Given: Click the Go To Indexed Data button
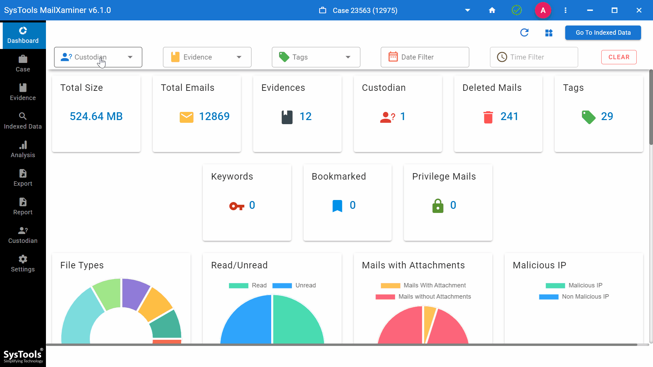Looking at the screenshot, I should coord(603,33).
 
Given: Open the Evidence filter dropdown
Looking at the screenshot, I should coord(207,57).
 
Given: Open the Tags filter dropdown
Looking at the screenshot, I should coord(316,57).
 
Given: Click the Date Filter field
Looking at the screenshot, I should coord(425,57).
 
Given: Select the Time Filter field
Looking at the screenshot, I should coord(534,57).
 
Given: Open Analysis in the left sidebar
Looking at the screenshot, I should coord(23,149).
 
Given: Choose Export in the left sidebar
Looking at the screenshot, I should coord(23,178).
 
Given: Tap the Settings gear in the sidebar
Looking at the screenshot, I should coord(23,263).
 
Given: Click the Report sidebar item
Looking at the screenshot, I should coord(23,206).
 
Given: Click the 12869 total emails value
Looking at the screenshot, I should coord(214,116).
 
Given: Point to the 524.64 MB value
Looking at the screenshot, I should coord(96,116).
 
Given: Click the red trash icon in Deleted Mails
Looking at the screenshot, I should coord(488,117).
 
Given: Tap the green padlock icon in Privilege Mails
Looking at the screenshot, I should coord(438,206).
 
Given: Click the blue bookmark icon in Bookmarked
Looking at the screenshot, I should coord(337,206).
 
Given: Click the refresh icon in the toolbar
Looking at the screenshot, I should coord(524,33).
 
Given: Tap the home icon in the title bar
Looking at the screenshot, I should coord(492,10).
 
